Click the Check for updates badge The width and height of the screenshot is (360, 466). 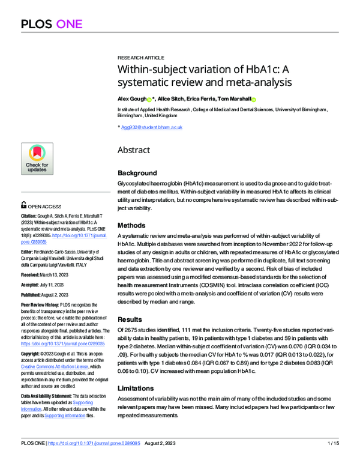[37, 159]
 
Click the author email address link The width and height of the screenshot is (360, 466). [152, 127]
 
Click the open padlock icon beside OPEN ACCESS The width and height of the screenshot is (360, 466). [23, 204]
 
